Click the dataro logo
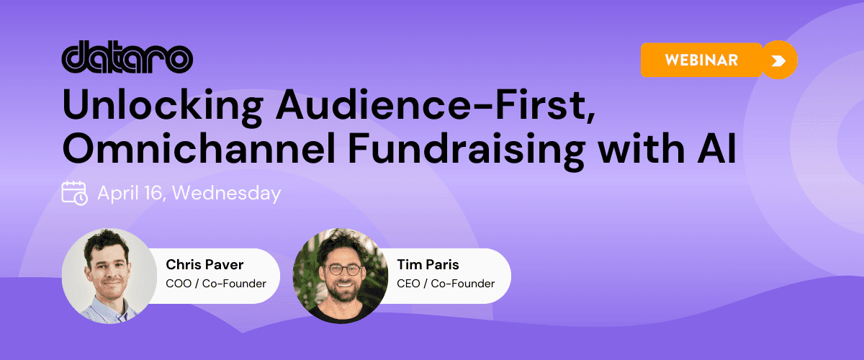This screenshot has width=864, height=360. tap(127, 57)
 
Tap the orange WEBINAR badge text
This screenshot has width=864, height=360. tap(701, 60)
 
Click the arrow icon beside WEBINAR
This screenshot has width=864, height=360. tap(778, 60)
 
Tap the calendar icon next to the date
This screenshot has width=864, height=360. tap(74, 193)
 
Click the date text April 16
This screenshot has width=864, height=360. tap(132, 194)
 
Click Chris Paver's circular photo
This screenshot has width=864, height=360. tap(109, 276)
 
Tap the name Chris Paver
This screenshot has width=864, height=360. tap(204, 264)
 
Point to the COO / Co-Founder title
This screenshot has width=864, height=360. tap(216, 283)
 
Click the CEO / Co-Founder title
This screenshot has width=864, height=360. tap(446, 283)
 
